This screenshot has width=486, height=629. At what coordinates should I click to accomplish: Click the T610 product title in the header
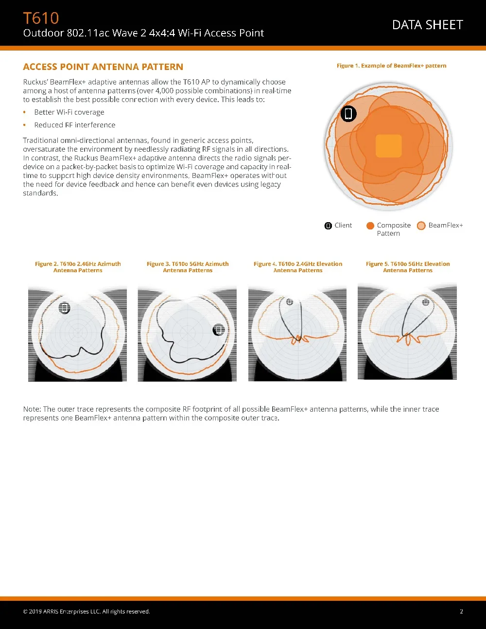coord(41,18)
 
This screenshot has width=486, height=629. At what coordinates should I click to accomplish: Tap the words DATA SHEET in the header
coord(427,25)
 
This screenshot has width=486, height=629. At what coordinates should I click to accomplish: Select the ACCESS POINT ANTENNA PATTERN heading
coord(103,67)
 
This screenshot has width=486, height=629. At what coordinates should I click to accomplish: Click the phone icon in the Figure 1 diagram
coord(348,114)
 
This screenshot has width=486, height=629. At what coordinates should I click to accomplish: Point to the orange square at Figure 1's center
coord(389,146)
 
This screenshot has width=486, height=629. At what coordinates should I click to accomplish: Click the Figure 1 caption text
coord(391,66)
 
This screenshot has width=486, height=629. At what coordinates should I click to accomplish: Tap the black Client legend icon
coord(328,226)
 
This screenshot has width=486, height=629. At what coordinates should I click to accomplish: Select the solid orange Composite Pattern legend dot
coord(370,226)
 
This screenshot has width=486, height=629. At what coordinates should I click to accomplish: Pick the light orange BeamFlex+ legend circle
coord(421,226)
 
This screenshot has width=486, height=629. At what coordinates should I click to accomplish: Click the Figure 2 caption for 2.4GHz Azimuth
coord(78,267)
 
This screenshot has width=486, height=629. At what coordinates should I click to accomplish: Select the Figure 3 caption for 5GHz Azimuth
coord(188,267)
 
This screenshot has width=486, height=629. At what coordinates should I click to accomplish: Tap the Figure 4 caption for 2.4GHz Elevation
coord(298,267)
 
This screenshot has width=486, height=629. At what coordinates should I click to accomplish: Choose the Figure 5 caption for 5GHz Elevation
coord(408,267)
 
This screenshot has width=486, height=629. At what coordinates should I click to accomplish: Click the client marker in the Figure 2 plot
coord(65,308)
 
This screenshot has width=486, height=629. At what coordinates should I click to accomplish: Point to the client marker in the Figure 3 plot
coord(219,330)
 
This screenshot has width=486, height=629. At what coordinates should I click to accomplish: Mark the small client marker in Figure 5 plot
coord(426,302)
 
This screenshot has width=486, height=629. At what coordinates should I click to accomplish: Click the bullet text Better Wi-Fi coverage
coord(69,112)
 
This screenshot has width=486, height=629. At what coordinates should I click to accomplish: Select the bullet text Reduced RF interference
coord(75,125)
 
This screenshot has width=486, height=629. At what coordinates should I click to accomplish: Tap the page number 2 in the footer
coord(461,612)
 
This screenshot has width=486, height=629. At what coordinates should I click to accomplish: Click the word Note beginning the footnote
coord(32,409)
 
